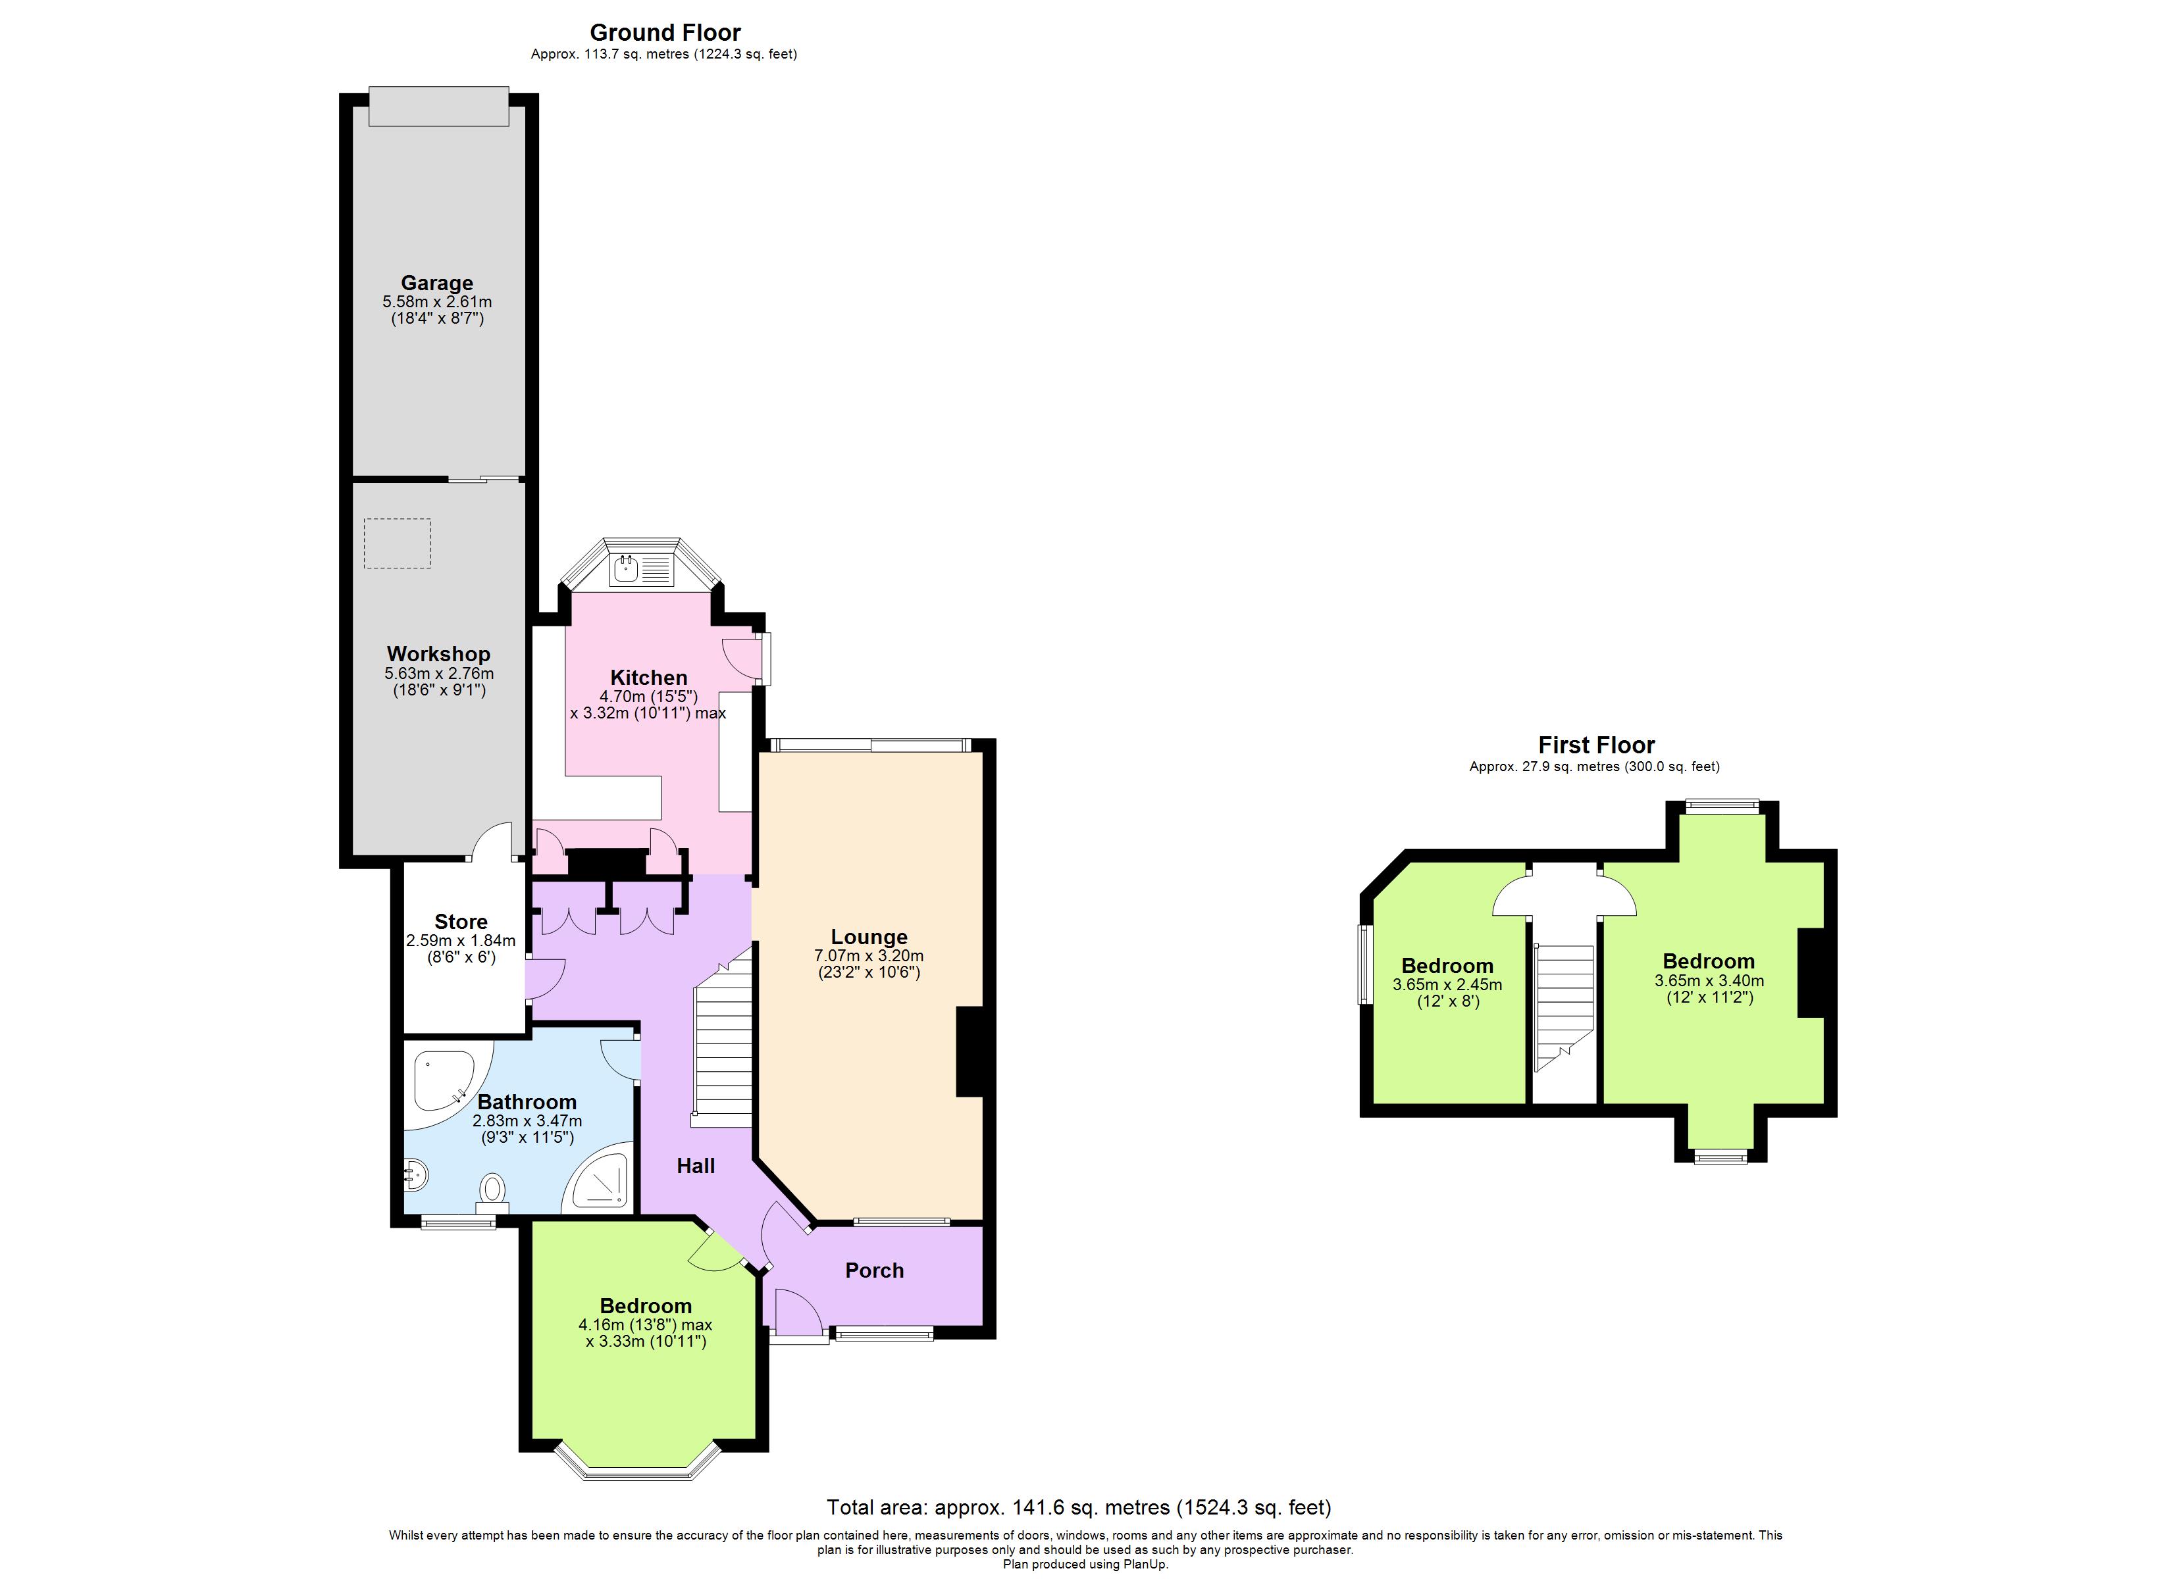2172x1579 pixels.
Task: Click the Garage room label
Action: coord(436,282)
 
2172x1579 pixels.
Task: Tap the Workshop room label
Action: coord(438,654)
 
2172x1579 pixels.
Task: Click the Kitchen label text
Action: coord(648,678)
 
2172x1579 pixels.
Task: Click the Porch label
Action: coord(874,1270)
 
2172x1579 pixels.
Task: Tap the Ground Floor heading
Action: coord(665,32)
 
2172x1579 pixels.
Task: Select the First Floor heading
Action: coord(1597,745)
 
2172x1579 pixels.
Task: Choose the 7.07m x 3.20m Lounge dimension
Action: coord(869,956)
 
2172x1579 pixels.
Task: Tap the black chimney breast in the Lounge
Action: coord(970,1051)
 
